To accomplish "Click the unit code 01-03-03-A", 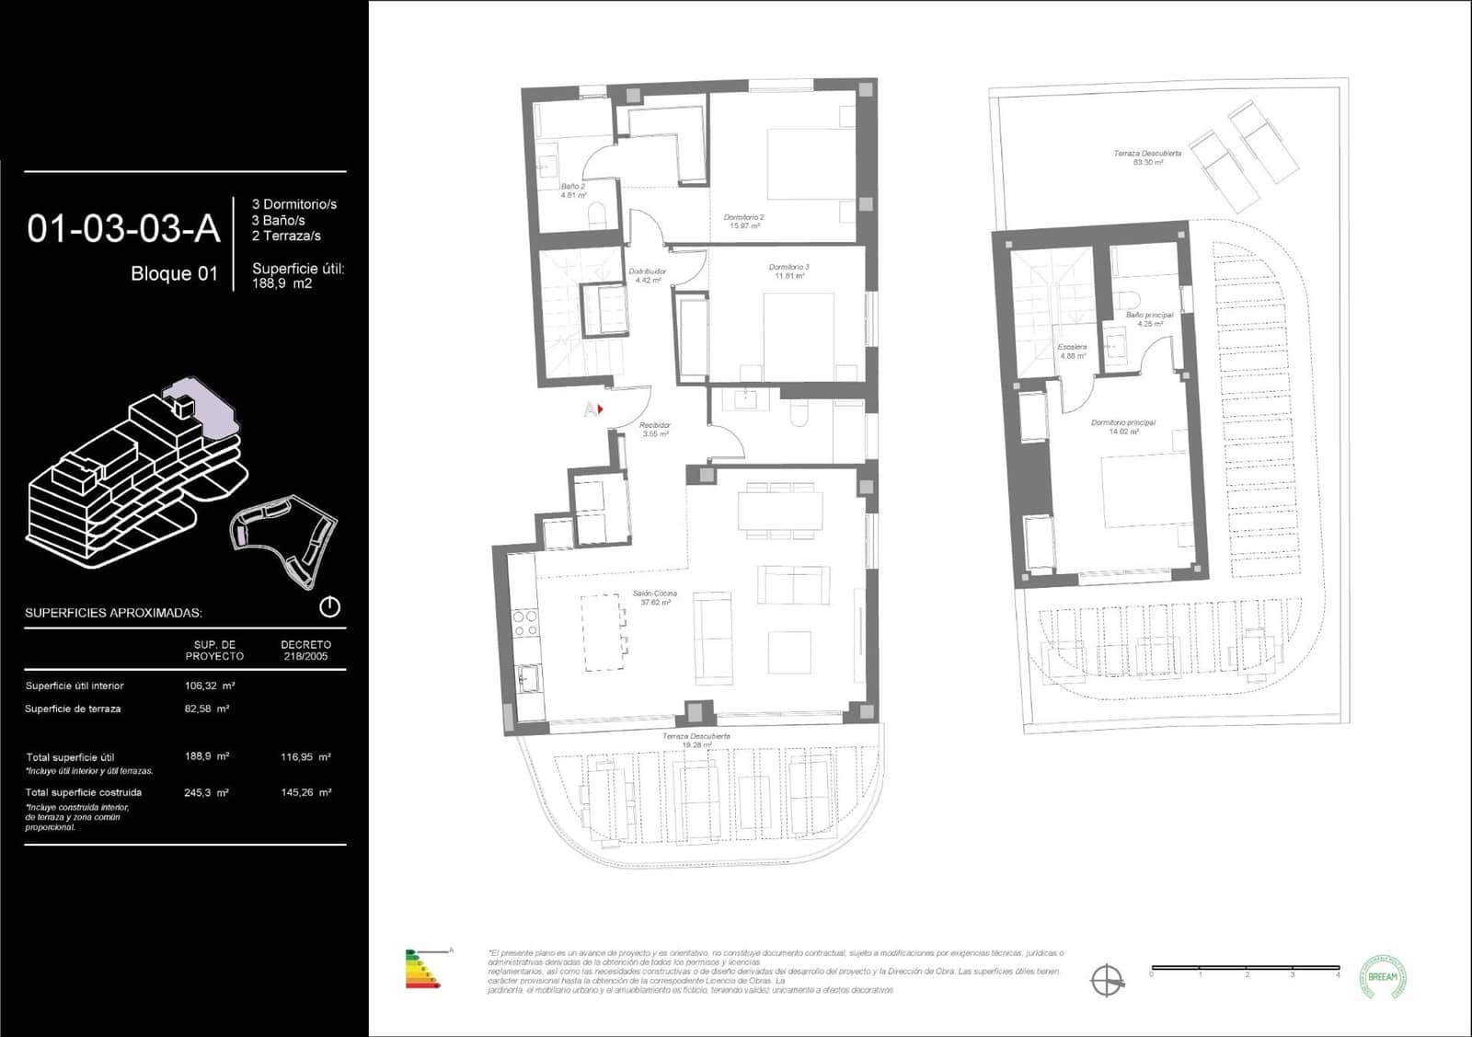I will point(123,229).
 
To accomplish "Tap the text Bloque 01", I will point(174,273).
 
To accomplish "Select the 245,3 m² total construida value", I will point(206,792).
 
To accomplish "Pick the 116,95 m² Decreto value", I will point(305,757).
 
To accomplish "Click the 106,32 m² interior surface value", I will point(209,686).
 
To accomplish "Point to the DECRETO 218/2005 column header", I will point(305,651).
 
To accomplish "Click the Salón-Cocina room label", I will point(654,598).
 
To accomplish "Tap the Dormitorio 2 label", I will point(743,222).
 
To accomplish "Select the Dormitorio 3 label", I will point(788,271).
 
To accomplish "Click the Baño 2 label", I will point(572,190).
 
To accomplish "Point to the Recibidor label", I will point(655,430).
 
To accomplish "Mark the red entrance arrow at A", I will point(600,409).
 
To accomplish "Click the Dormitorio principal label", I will point(1122,427).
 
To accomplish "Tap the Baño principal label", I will point(1149,319).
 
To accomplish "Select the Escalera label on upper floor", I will point(1073,351).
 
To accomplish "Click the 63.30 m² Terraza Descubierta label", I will point(1147,157).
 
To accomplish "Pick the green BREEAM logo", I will point(1383,976).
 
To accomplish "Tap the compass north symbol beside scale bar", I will point(1108,980).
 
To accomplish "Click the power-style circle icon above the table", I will point(329,607).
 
